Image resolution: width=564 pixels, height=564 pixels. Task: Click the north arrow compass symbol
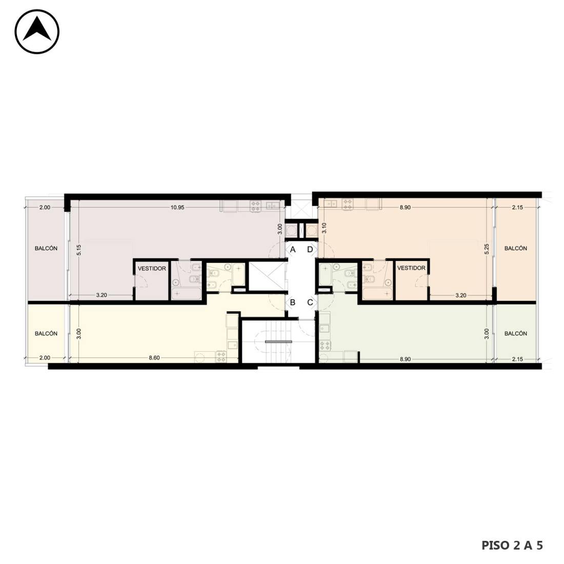point(37,32)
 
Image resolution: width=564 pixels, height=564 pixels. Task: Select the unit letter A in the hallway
point(293,250)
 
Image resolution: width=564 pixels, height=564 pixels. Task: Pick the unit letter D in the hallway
point(310,250)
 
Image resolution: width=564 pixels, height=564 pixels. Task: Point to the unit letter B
point(293,303)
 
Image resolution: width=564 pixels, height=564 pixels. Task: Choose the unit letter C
point(310,303)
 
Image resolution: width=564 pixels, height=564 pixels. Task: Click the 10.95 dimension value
point(177,208)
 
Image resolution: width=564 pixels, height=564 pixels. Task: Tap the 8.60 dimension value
point(154,358)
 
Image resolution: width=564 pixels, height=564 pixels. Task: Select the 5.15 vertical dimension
point(79,250)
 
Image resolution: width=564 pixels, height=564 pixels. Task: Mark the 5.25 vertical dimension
point(487,249)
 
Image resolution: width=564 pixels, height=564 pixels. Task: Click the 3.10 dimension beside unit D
point(324,228)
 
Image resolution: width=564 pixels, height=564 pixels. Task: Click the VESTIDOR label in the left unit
point(152,269)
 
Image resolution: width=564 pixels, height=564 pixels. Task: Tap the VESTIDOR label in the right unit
point(411,268)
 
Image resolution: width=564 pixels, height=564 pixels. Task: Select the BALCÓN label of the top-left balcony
point(46,249)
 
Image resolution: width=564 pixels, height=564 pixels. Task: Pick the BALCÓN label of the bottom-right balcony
point(515,334)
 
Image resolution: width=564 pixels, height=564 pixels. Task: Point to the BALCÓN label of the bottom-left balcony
point(46,334)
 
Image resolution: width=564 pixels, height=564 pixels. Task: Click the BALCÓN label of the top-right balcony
point(515,249)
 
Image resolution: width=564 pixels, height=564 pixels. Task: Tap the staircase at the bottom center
point(278,341)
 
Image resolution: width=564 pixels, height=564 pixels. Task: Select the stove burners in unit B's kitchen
point(221,356)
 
